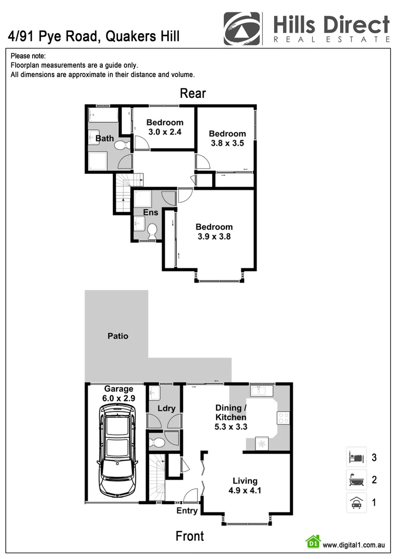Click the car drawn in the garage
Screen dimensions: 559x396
click(x=118, y=449)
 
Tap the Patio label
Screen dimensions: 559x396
click(x=118, y=336)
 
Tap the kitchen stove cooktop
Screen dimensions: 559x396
click(x=283, y=418)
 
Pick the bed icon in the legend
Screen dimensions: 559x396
click(x=356, y=457)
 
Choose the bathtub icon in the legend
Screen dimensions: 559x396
click(x=356, y=480)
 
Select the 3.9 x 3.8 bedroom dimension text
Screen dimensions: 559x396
click(x=214, y=237)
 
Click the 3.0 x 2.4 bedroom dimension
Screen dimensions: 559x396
click(x=164, y=131)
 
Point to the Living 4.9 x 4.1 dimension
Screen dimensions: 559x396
click(x=245, y=490)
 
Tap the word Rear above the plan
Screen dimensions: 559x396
click(x=193, y=93)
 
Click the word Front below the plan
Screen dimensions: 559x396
click(x=190, y=536)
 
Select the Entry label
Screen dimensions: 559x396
click(x=187, y=511)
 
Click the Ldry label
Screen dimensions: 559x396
click(x=166, y=408)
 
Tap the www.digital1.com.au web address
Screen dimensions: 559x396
click(x=353, y=545)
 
